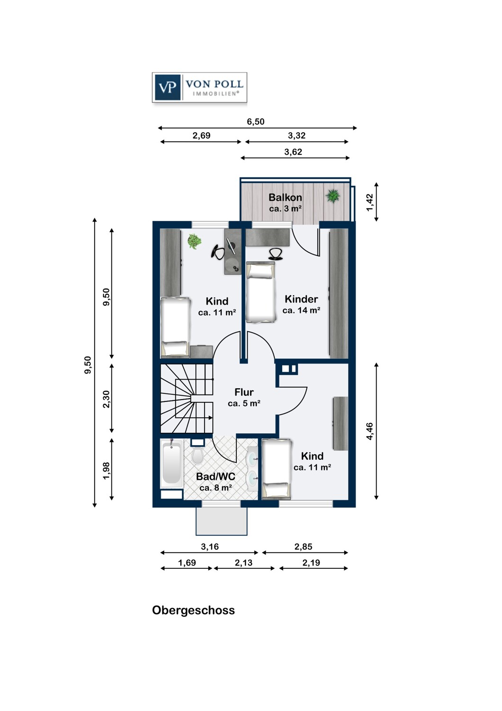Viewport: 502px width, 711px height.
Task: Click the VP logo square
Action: pyautogui.click(x=168, y=87)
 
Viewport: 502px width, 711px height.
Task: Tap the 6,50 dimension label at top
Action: pyautogui.click(x=256, y=121)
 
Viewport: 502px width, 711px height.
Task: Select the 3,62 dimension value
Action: pyautogui.click(x=293, y=152)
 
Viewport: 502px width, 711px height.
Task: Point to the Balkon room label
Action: pyautogui.click(x=285, y=197)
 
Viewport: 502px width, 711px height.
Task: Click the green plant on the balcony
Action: pyautogui.click(x=332, y=195)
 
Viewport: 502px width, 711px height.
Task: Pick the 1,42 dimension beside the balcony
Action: pyautogui.click(x=370, y=202)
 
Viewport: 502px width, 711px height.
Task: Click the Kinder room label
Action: pyautogui.click(x=301, y=299)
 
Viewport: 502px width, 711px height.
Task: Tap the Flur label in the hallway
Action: pyautogui.click(x=244, y=392)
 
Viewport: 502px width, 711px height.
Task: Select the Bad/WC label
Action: pyautogui.click(x=215, y=476)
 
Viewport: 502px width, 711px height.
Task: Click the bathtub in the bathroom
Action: pyautogui.click(x=171, y=464)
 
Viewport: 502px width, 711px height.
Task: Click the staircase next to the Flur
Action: pyautogui.click(x=187, y=398)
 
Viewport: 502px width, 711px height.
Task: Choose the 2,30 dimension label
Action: pyautogui.click(x=107, y=399)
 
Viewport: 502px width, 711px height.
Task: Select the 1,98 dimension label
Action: pyautogui.click(x=107, y=471)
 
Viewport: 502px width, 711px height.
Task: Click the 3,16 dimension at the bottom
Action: pyautogui.click(x=210, y=547)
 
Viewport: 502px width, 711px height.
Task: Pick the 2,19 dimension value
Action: pyautogui.click(x=311, y=563)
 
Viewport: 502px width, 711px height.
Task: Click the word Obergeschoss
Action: pyautogui.click(x=193, y=611)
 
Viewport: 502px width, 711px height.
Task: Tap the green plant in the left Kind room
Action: pyautogui.click(x=194, y=241)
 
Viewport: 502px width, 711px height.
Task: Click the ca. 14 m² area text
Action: pyautogui.click(x=301, y=310)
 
